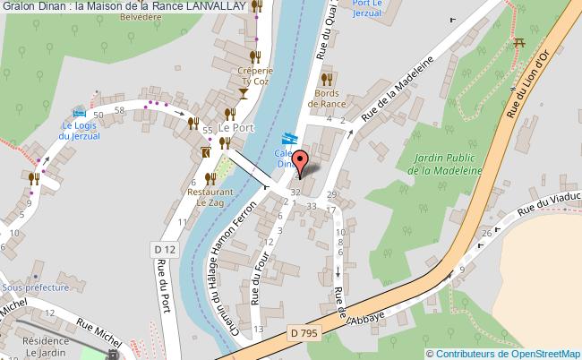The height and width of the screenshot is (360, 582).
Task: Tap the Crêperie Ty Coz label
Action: [x=253, y=75]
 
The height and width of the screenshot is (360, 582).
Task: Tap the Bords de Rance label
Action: [x=327, y=97]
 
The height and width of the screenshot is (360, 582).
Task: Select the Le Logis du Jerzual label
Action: [x=79, y=131]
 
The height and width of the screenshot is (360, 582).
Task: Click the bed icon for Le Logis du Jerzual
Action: [x=80, y=114]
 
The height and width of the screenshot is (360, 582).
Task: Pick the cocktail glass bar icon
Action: [x=244, y=93]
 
